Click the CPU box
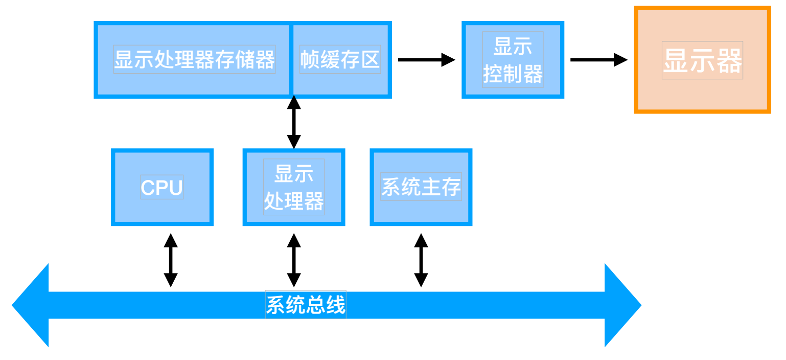point(162,187)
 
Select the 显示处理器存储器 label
point(194,59)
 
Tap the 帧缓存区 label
point(340,59)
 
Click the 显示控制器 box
point(513,60)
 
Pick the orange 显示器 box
point(702,60)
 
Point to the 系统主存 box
point(421,187)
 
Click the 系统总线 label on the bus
point(306,304)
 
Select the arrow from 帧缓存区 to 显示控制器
point(426,60)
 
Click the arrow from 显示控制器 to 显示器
point(598,60)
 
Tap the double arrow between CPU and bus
point(171,260)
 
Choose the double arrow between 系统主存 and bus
point(421,260)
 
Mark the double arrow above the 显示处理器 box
point(294,122)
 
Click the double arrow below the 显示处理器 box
point(294,260)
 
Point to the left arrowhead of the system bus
point(30,305)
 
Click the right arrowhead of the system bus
point(623,305)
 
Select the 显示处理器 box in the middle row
point(294,187)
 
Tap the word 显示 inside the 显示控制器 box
point(513,46)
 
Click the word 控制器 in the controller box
point(513,74)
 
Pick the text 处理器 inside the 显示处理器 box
point(294,201)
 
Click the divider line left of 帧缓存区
point(291,60)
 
